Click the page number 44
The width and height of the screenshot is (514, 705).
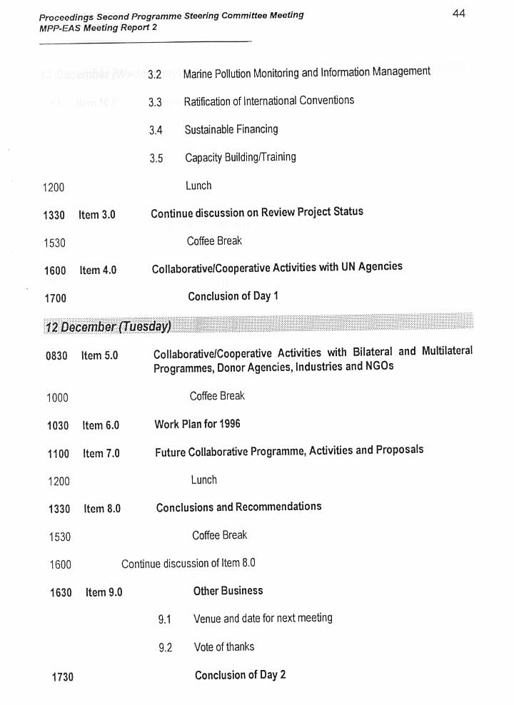tap(458, 13)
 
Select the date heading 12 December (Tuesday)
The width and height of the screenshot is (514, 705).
tap(108, 327)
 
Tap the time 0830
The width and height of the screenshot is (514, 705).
tap(56, 355)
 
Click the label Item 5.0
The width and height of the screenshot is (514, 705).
tap(99, 355)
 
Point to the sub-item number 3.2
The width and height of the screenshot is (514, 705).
tap(155, 74)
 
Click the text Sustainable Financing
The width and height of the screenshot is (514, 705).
tap(231, 129)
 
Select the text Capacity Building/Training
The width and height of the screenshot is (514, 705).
tap(240, 157)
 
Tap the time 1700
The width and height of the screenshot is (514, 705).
tap(55, 298)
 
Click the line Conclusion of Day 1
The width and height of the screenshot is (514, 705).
tap(233, 296)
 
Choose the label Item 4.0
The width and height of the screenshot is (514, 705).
tap(98, 270)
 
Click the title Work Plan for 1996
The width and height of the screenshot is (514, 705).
tap(197, 424)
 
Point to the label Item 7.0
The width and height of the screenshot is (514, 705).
tap(101, 453)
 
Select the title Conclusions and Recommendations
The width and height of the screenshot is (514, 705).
tap(238, 507)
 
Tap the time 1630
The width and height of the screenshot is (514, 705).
tap(61, 593)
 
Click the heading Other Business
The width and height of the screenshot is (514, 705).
tap(228, 591)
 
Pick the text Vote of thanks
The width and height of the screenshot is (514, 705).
tap(223, 647)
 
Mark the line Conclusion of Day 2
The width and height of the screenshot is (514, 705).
tap(240, 675)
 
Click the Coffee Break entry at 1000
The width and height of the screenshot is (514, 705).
tap(217, 396)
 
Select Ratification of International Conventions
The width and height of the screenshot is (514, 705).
tap(268, 101)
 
